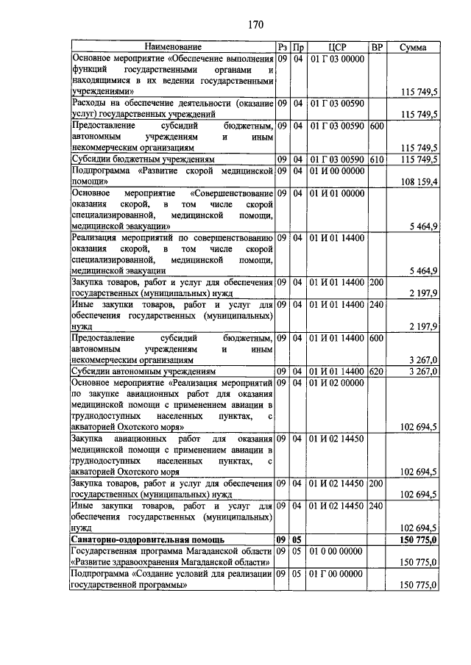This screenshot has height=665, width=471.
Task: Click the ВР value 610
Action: click(x=377, y=159)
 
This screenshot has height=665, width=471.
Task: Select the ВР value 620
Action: click(x=377, y=371)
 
